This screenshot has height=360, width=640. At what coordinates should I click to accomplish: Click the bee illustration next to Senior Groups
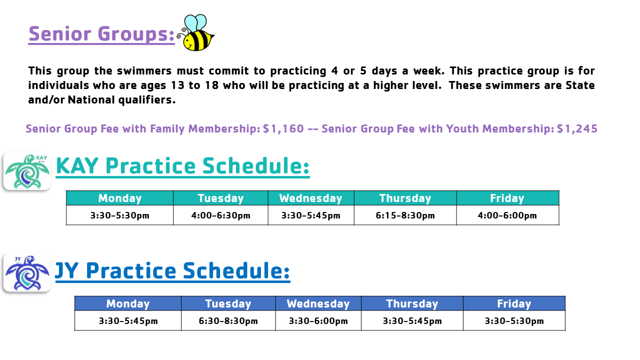tap(195, 33)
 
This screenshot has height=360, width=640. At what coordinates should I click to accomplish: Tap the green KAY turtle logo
tap(27, 171)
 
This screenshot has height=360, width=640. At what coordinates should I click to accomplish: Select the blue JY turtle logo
tap(27, 272)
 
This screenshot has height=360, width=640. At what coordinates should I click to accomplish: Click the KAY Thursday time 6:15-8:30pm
tap(405, 215)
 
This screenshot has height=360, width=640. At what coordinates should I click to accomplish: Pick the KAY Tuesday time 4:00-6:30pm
tap(220, 215)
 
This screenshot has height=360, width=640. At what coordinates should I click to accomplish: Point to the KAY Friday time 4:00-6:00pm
tap(507, 215)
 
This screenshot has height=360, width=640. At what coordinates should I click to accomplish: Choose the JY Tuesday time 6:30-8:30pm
tap(228, 321)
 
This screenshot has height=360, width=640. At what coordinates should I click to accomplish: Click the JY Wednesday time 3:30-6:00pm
tap(318, 321)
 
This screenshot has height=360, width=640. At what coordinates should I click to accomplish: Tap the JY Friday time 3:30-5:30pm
tap(514, 321)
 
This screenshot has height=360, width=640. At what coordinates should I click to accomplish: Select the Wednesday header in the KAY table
tap(311, 198)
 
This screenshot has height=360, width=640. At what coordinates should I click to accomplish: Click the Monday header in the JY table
tap(127, 303)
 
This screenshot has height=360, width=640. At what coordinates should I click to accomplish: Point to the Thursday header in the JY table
tap(412, 303)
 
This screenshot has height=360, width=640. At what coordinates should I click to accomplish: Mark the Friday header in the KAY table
tap(507, 198)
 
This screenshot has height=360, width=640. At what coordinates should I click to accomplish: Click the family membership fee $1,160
tap(283, 129)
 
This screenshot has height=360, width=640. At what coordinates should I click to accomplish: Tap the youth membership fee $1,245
tap(577, 129)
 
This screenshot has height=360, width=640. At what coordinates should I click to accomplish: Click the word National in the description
tap(91, 100)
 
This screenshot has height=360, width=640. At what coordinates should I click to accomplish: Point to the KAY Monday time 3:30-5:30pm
tap(119, 215)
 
